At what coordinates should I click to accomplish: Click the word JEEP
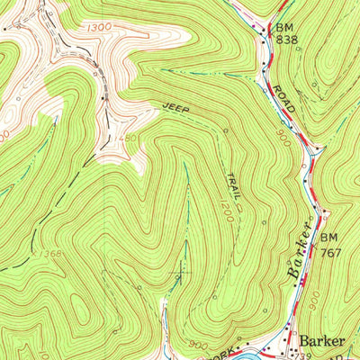coord(175,107)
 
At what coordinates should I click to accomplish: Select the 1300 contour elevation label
coord(101,29)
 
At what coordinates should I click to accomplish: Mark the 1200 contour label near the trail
coord(225,212)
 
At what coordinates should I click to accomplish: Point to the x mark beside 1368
coord(36,255)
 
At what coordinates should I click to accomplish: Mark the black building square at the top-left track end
coord(15,27)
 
